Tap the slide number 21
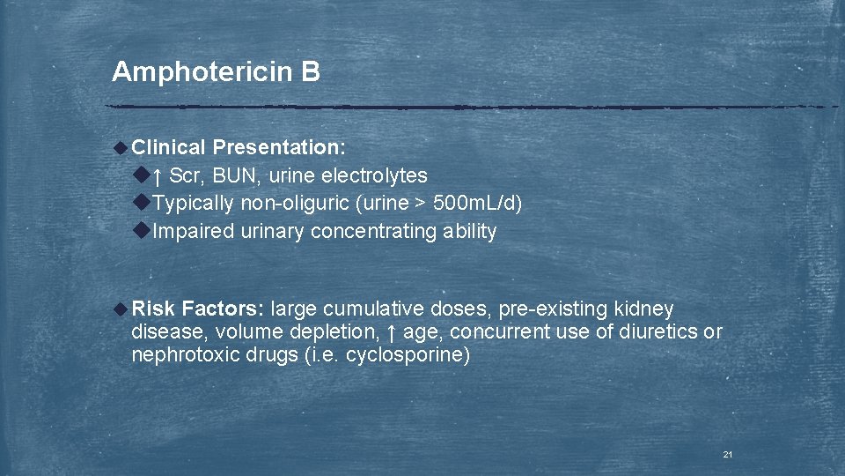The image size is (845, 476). click(728, 454)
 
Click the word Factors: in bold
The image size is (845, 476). click(223, 309)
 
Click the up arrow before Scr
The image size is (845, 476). click(158, 176)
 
